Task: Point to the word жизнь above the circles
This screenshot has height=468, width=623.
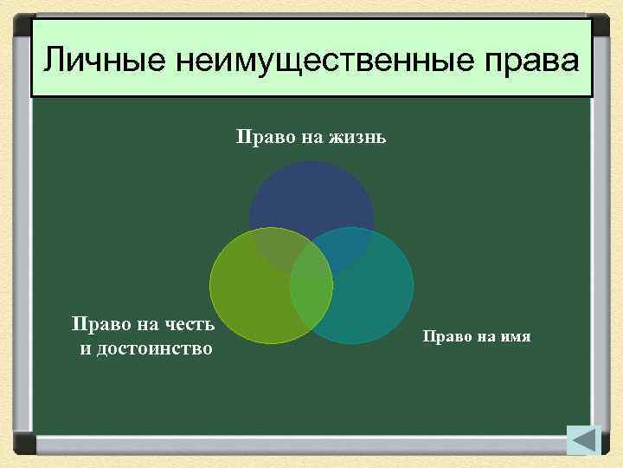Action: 356,137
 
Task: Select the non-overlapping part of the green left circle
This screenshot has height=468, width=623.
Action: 247,299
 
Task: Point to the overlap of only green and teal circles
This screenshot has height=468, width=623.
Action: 311,303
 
